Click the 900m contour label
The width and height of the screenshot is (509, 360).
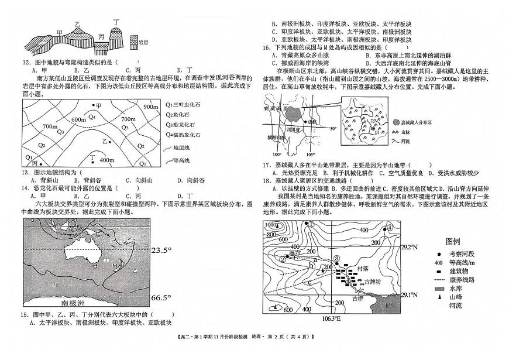150,108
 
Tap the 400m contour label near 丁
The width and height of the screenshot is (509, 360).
106,160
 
